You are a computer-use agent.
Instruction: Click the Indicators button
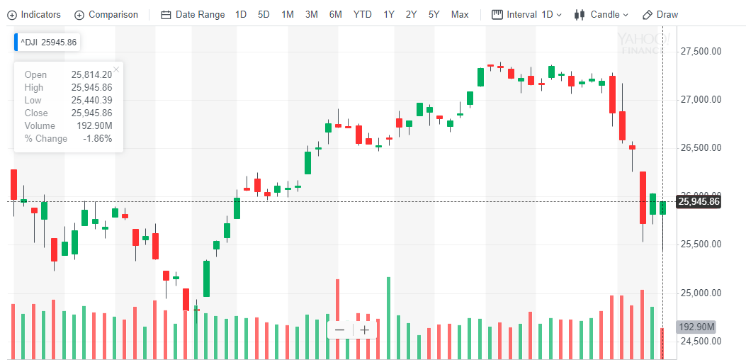tap(34, 14)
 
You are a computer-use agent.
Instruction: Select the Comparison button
tap(106, 14)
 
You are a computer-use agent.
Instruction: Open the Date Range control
tap(193, 14)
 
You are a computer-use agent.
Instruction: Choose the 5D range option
tap(264, 14)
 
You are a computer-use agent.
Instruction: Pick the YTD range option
tap(362, 14)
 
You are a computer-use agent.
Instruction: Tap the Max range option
tap(460, 14)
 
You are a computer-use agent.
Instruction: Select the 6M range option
tap(335, 14)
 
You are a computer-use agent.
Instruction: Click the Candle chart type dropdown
tap(601, 14)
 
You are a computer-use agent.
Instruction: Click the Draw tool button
tap(660, 14)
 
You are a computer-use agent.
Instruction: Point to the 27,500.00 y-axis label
tap(700, 51)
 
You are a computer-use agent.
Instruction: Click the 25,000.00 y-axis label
tap(700, 293)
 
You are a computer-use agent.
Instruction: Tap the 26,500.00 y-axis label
tap(700, 147)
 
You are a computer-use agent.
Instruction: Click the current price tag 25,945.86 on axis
tap(699, 202)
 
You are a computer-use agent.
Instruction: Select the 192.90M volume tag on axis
tap(696, 327)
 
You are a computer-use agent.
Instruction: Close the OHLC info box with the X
tap(116, 69)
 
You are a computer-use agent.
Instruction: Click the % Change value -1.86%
tap(97, 139)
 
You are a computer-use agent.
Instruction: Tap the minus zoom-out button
tap(340, 330)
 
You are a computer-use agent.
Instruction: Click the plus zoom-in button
tap(364, 330)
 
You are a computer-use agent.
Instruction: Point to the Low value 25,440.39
tap(91, 101)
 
